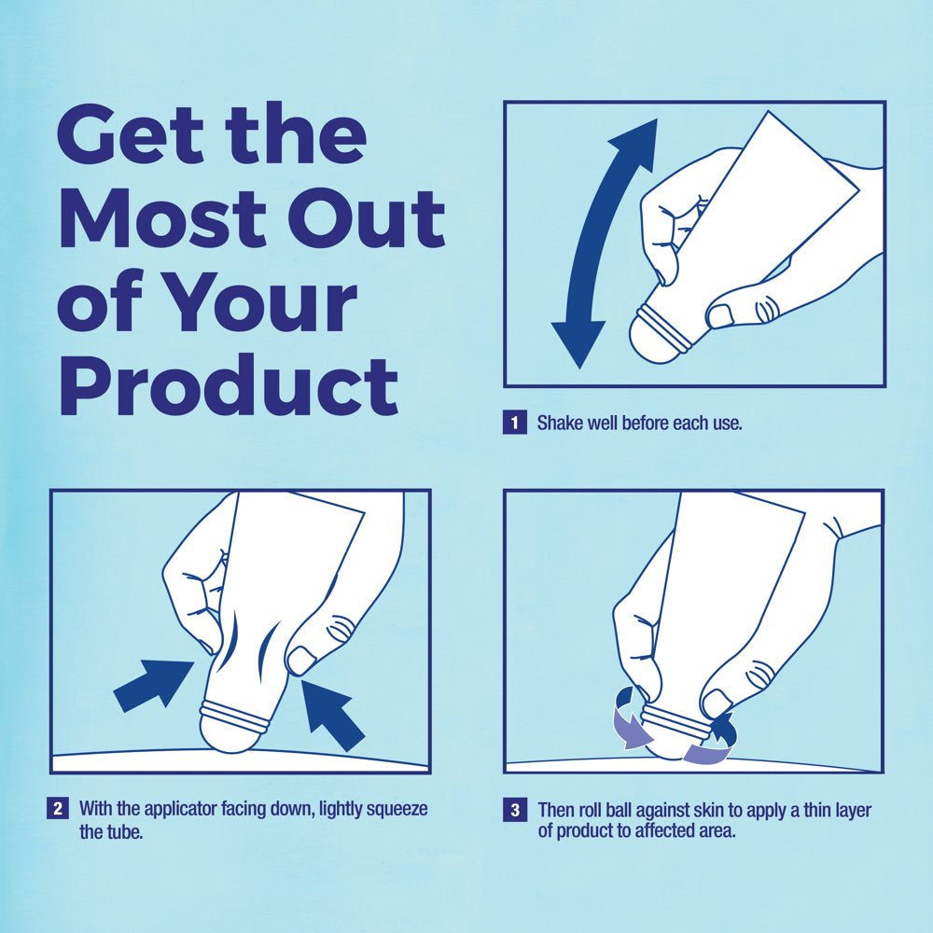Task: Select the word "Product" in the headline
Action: coord(229,385)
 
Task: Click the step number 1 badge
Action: coord(515,423)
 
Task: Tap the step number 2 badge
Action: coord(58,808)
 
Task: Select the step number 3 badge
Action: coord(515,810)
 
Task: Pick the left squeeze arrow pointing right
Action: coord(154,684)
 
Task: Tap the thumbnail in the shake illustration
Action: coord(720,315)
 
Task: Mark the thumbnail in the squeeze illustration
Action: coord(301,660)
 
